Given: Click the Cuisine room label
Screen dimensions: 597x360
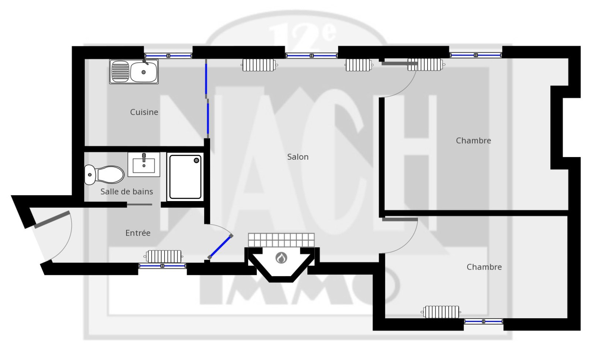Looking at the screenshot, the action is (144, 112).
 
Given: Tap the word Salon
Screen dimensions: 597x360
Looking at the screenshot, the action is (298, 157).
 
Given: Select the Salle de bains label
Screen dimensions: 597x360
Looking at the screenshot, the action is (126, 192).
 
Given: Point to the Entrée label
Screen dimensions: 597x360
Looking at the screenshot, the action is (138, 233).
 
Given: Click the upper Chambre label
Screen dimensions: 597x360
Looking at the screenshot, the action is (473, 140).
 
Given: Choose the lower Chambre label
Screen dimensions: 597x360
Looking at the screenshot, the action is (484, 267).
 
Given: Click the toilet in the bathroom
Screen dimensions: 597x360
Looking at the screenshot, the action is (104, 175).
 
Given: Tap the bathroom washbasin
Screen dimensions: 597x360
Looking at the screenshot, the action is (144, 165).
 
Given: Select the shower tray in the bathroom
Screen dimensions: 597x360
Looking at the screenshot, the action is (185, 177).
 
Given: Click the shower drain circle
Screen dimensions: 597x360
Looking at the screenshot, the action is (196, 160).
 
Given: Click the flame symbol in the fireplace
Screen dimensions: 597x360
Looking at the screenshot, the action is (281, 258).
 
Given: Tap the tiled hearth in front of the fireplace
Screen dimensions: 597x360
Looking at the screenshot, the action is (281, 240).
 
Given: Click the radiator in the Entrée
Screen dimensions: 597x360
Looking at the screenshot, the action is (163, 257).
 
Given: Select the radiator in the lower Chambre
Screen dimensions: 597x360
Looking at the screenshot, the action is (441, 312).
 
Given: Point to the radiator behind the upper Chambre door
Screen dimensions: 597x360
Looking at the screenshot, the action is (425, 65).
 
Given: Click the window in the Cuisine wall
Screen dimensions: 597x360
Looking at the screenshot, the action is (168, 56).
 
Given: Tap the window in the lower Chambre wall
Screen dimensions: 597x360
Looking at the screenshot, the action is (484, 322).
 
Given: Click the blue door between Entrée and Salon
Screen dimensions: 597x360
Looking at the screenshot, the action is (220, 247).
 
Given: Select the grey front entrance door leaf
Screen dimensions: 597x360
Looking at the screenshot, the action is (52, 220).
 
